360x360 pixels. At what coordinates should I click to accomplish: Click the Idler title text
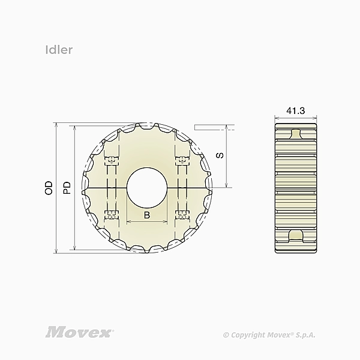click(59, 50)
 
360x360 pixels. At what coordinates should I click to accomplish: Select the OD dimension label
click(49, 188)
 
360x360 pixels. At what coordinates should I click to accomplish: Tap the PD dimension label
click(67, 188)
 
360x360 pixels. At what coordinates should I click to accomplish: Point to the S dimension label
click(220, 155)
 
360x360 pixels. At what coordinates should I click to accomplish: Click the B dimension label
click(147, 215)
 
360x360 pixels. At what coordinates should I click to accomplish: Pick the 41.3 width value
click(295, 111)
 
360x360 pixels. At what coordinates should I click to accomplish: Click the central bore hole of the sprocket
click(147, 188)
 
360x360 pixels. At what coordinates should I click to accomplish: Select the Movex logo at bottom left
click(79, 332)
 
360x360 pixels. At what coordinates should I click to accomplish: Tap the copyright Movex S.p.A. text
click(269, 335)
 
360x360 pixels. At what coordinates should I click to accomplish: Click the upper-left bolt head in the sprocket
click(112, 160)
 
